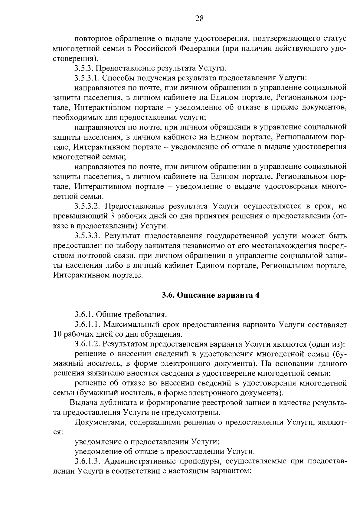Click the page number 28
tap(199, 19)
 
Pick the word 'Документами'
tap(100, 422)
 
